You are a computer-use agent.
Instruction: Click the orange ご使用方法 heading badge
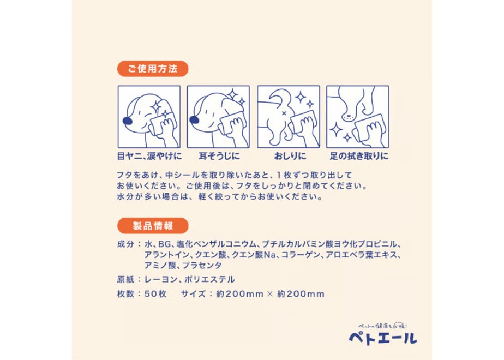[x=153, y=69]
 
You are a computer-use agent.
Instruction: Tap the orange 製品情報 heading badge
[x=153, y=226]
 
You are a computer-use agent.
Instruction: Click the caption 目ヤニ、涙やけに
[x=149, y=156]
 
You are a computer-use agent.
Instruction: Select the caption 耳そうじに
[x=219, y=156]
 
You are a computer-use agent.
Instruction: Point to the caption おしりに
[x=290, y=156]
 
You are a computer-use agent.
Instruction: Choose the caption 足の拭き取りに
[x=359, y=156]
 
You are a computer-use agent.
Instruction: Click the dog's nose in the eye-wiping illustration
[x=128, y=121]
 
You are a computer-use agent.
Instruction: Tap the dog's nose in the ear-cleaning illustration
[x=194, y=120]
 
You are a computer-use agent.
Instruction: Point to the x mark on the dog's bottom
[x=284, y=113]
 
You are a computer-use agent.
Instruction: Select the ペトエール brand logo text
[x=383, y=338]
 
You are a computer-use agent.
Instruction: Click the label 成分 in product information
[x=125, y=244]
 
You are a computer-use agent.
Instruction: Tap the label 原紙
[x=125, y=280]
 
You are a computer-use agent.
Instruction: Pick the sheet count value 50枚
[x=155, y=294]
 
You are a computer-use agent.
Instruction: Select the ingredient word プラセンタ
[x=202, y=266]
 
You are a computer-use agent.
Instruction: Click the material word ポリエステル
[x=209, y=280]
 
